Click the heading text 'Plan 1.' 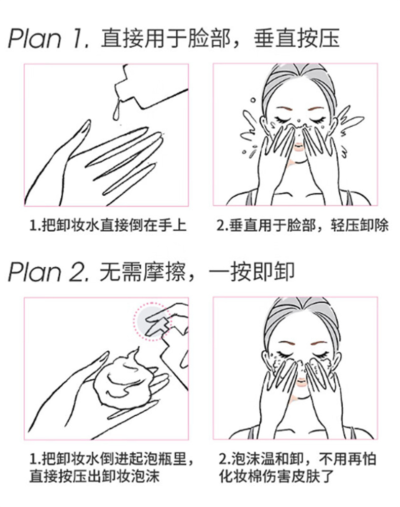coord(49,39)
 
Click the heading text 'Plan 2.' coord(49,271)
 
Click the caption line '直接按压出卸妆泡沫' coord(95,476)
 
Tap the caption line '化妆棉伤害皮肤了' coord(276,476)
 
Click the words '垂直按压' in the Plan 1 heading coord(296,39)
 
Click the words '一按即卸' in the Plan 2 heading coord(252,271)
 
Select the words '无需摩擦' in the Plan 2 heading coord(142,271)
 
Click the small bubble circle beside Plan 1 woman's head coord(253,100)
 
